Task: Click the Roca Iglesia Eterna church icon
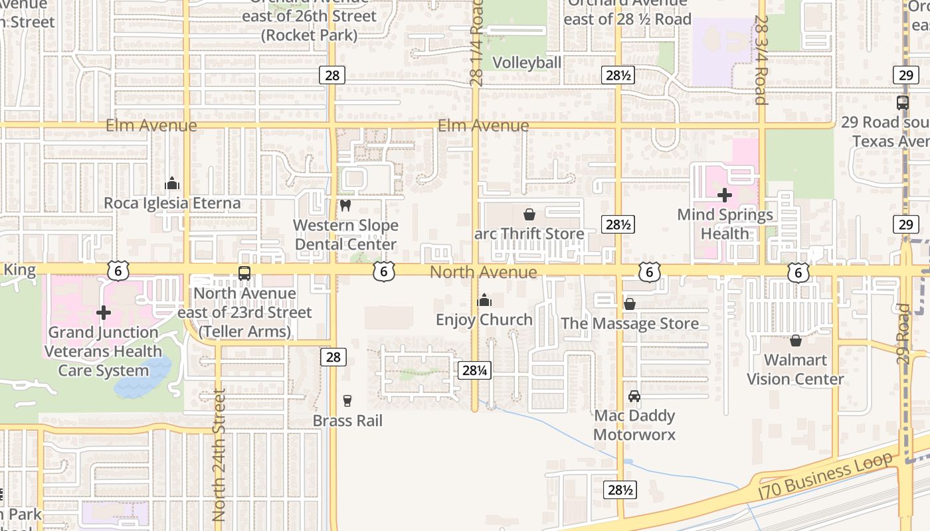click(172, 183)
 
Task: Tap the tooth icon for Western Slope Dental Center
click(345, 206)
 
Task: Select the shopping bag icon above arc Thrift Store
click(529, 214)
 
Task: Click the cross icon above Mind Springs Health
click(725, 195)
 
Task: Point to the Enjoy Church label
click(484, 320)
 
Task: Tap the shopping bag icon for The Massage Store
click(630, 304)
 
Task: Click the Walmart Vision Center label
click(795, 370)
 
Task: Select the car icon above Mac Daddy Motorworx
click(634, 396)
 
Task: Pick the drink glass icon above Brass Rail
click(347, 400)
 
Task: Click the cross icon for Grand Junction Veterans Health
click(104, 312)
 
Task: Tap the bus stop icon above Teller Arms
click(244, 273)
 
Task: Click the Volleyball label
click(527, 62)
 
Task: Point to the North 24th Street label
click(219, 458)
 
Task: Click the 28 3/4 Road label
click(761, 60)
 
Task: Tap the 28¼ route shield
click(475, 370)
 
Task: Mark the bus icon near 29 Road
click(902, 103)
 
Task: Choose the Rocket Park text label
click(310, 35)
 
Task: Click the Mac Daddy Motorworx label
click(634, 425)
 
